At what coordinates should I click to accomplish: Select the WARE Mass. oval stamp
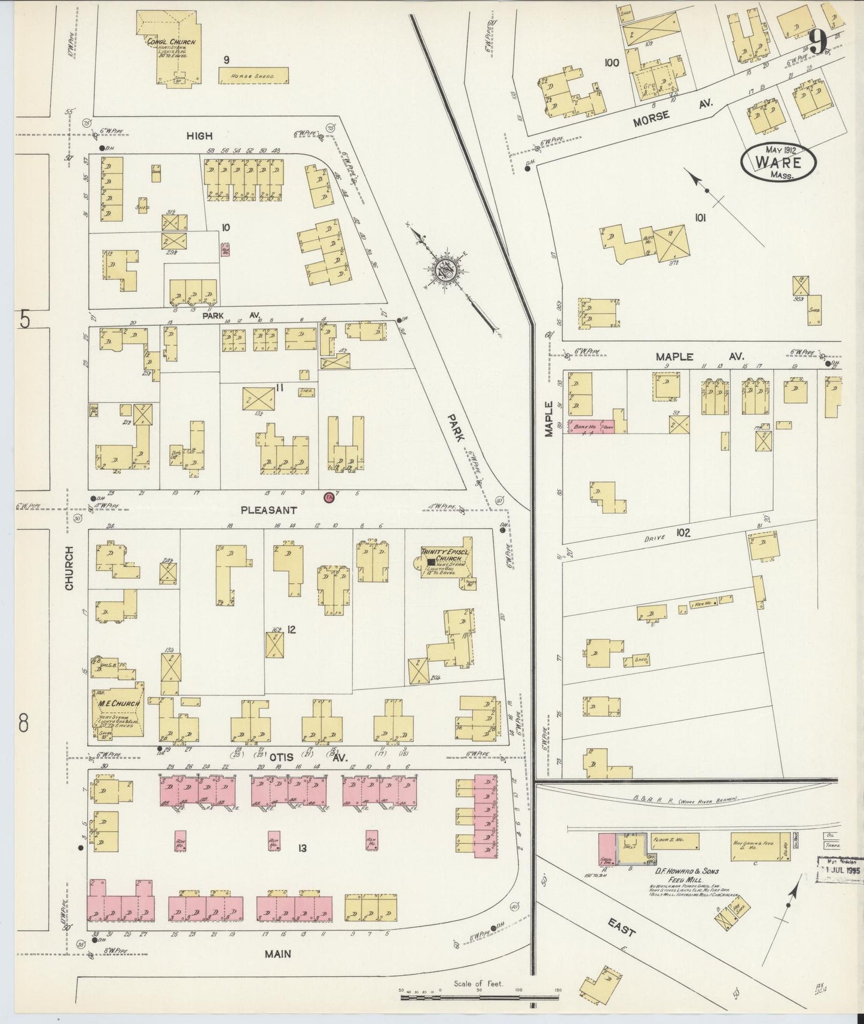click(x=778, y=162)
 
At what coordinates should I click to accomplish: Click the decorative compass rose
click(x=446, y=269)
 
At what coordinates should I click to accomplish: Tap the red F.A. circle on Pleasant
click(x=328, y=497)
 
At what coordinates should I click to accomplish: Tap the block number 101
click(x=700, y=218)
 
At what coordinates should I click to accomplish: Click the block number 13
click(x=303, y=847)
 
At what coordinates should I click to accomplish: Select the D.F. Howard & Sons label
click(x=675, y=871)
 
